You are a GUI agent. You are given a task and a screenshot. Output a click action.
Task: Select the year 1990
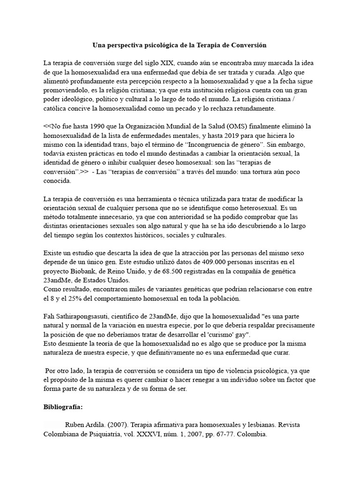(94, 127)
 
